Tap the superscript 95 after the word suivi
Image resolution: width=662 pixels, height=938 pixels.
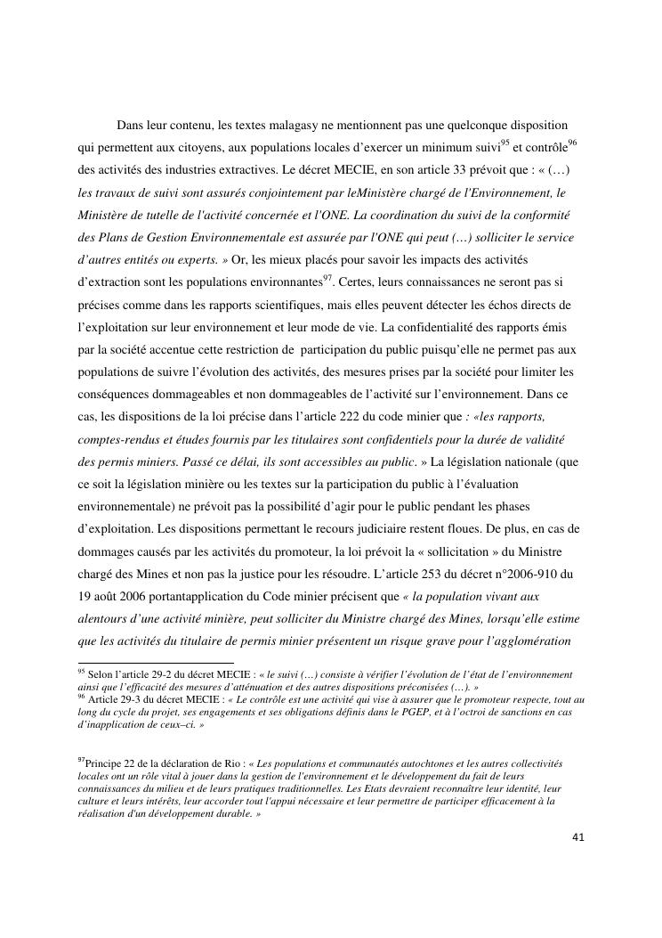point(505,141)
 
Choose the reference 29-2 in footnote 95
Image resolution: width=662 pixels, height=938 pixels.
point(153,675)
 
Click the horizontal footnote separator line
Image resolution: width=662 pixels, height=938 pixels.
point(156,663)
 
